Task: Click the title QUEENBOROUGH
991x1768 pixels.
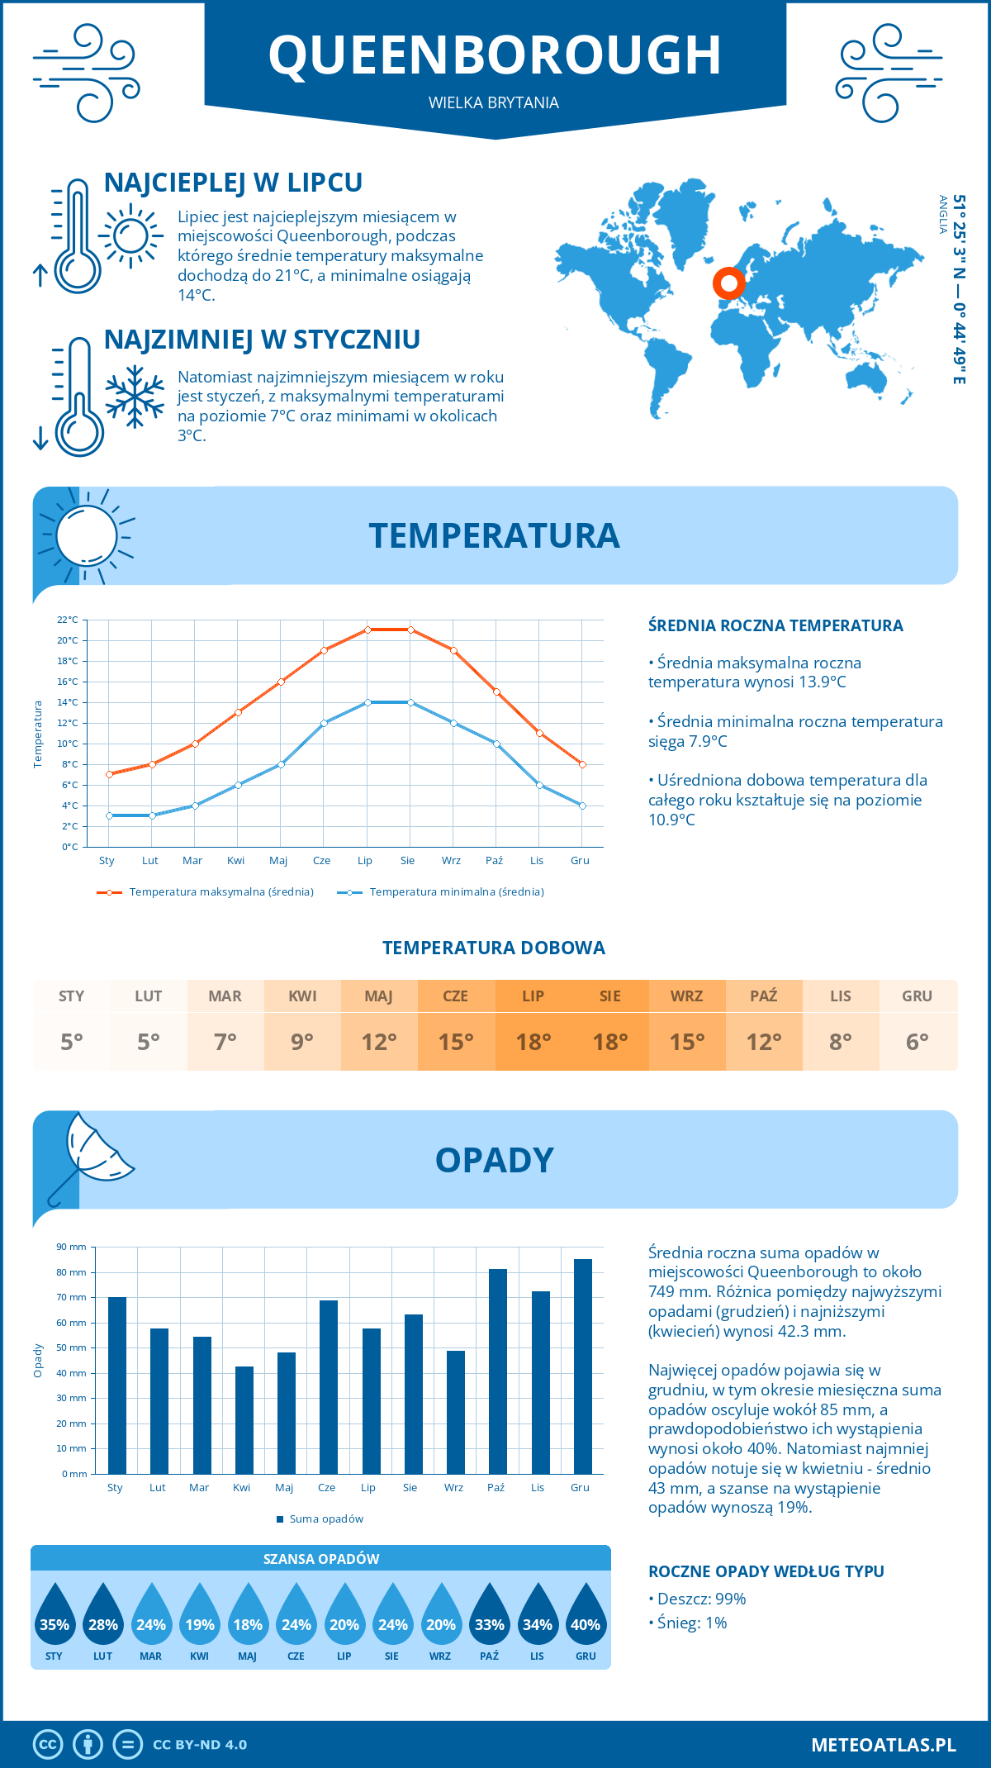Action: pyautogui.click(x=495, y=56)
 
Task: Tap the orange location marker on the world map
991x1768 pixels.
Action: pyautogui.click(x=728, y=283)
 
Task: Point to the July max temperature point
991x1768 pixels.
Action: pyautogui.click(x=367, y=630)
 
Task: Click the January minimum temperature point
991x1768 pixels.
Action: pyautogui.click(x=109, y=815)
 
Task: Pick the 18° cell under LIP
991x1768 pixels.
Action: pyautogui.click(x=533, y=1042)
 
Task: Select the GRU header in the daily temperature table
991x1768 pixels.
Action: pyautogui.click(x=917, y=996)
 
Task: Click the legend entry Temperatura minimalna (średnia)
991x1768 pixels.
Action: pyautogui.click(x=456, y=892)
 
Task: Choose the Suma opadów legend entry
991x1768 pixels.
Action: pyautogui.click(x=326, y=1519)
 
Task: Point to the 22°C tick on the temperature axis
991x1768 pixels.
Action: pyautogui.click(x=68, y=620)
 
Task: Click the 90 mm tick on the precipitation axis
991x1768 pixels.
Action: pyautogui.click(x=72, y=1247)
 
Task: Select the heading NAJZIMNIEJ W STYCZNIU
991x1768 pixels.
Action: pyautogui.click(x=262, y=340)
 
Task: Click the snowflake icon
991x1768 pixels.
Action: pyautogui.click(x=135, y=397)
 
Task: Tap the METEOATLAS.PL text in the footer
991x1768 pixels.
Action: pyautogui.click(x=883, y=1745)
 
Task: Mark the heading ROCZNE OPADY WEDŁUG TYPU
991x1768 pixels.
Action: pyautogui.click(x=766, y=1571)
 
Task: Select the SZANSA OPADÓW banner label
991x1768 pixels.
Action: pyautogui.click(x=321, y=1559)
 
